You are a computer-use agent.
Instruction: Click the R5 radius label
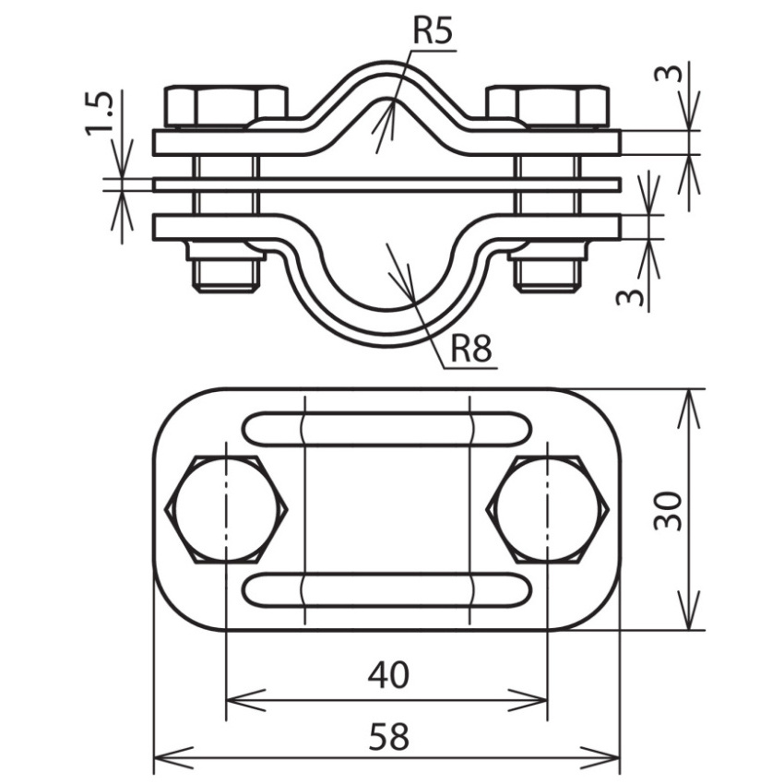pyautogui.click(x=433, y=31)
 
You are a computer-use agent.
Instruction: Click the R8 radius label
pyautogui.click(x=471, y=349)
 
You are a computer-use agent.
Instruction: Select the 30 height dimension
pyautogui.click(x=668, y=510)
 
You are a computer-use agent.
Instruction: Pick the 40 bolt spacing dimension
pyautogui.click(x=388, y=674)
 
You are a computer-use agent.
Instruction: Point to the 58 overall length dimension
pyautogui.click(x=389, y=737)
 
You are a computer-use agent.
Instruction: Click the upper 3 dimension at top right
pyautogui.click(x=668, y=74)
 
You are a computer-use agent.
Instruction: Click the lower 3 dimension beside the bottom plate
pyautogui.click(x=629, y=298)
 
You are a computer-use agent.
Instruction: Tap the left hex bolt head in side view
pyautogui.click(x=226, y=106)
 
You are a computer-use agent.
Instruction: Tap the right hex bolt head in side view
pyautogui.click(x=548, y=106)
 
